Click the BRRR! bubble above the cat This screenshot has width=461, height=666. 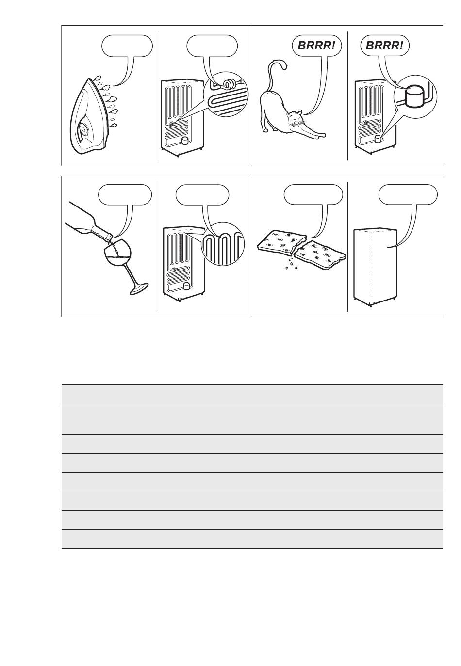point(316,46)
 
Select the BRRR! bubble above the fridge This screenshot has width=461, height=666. point(384,46)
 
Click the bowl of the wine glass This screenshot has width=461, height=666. point(117,254)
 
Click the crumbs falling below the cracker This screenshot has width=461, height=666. point(290,263)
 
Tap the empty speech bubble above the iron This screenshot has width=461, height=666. point(127,46)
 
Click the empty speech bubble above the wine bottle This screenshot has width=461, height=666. point(125,194)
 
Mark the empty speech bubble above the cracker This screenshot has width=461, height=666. point(313,194)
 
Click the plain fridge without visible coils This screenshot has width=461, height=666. point(375,267)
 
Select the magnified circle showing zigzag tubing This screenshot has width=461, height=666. point(223,244)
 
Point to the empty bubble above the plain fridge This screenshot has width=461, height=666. point(408,194)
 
